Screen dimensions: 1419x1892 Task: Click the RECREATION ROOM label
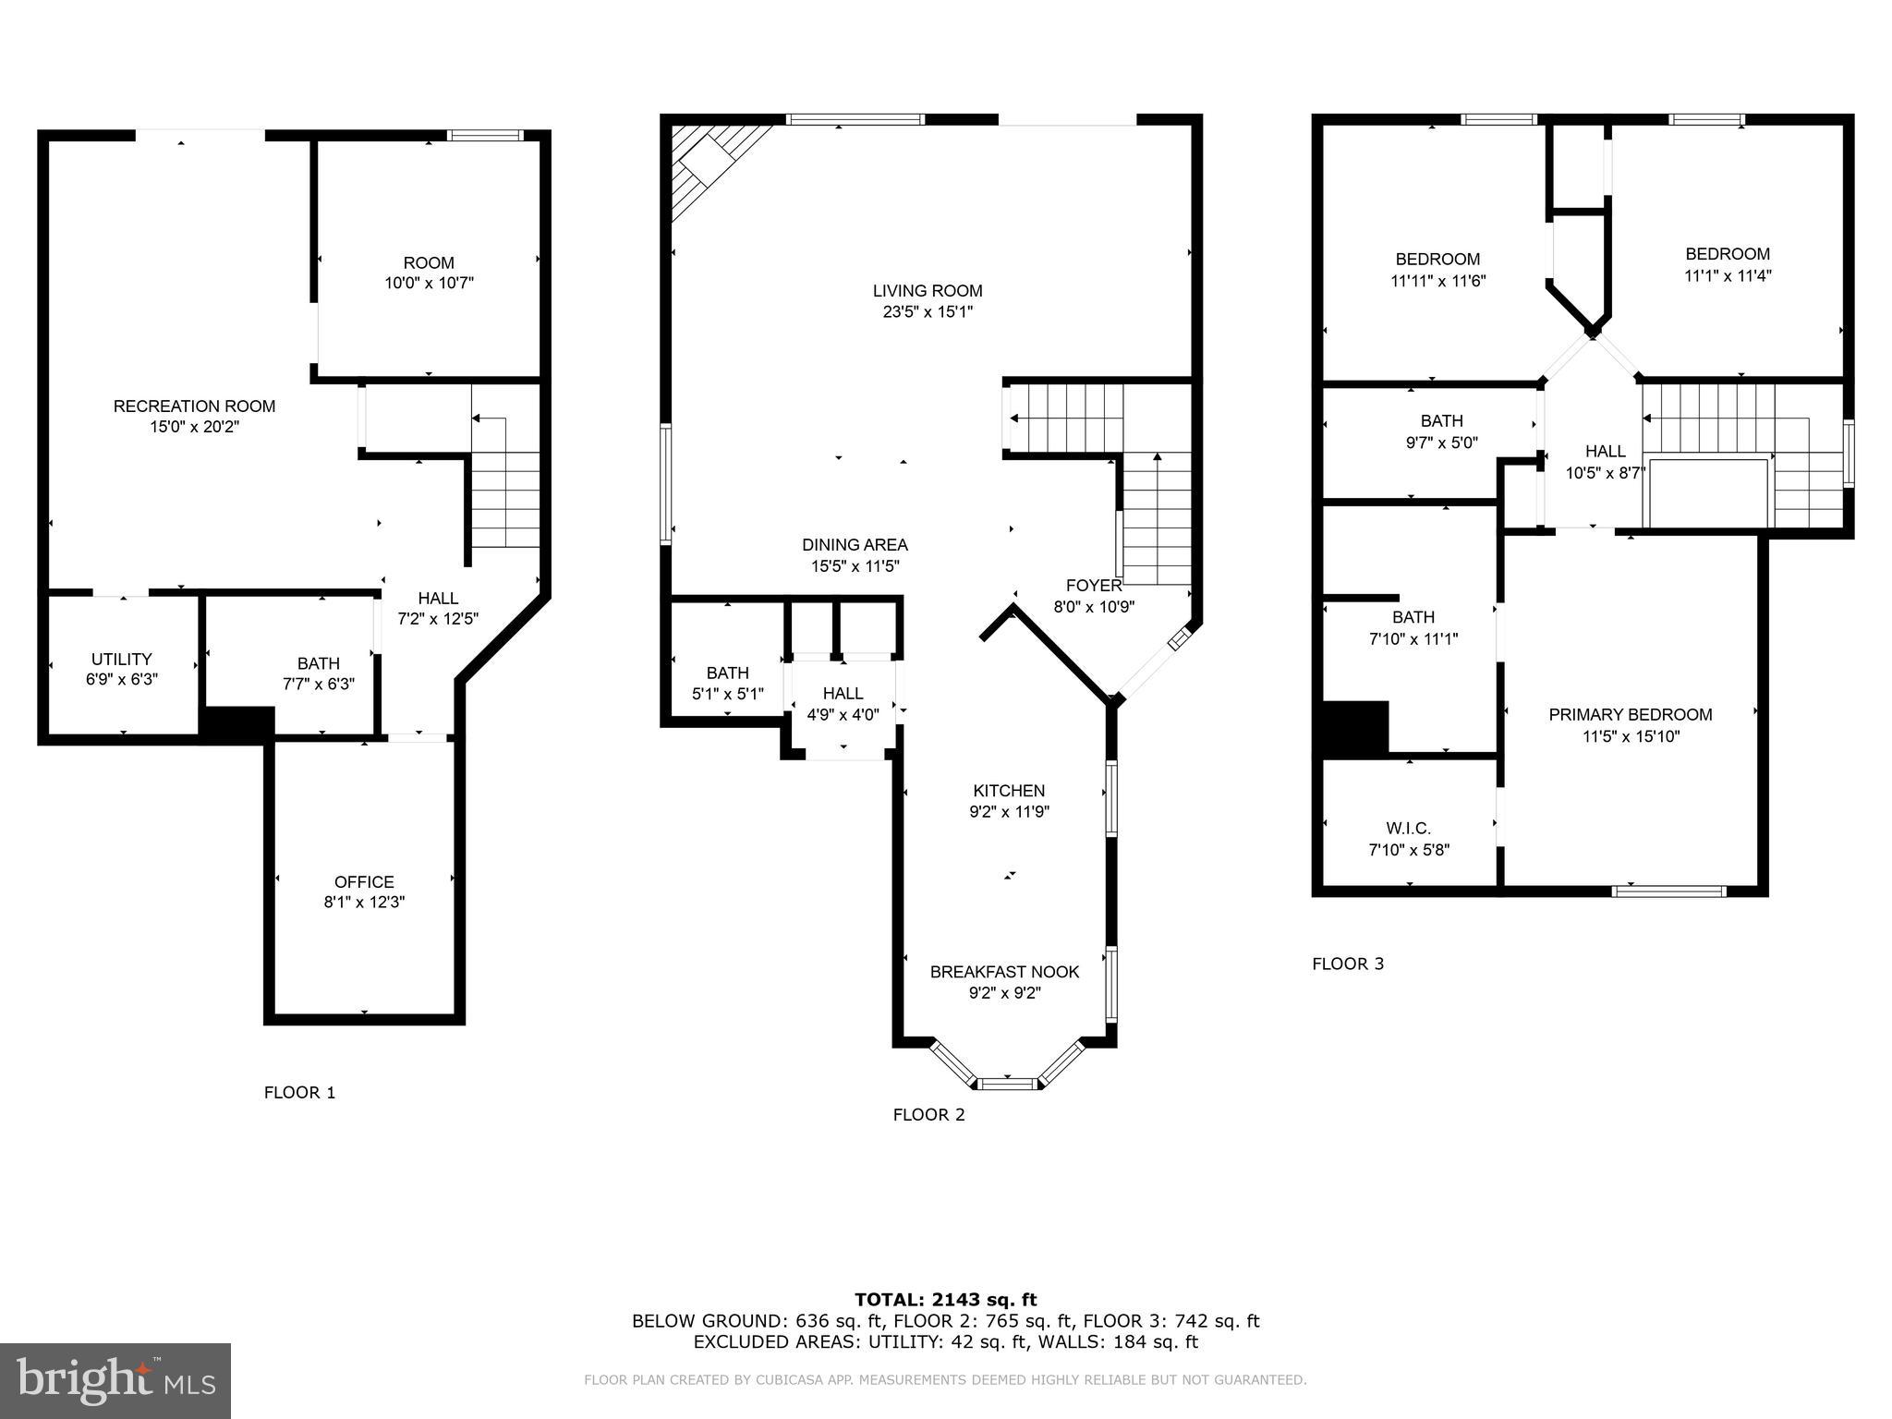pyautogui.click(x=194, y=406)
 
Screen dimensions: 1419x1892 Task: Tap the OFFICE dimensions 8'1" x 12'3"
pyautogui.click(x=364, y=903)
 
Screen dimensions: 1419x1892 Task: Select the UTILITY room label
pyautogui.click(x=121, y=659)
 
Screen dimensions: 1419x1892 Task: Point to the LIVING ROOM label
pyautogui.click(x=928, y=291)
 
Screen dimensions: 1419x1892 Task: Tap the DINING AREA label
pyautogui.click(x=855, y=545)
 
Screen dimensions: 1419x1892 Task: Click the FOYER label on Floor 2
pyautogui.click(x=1094, y=586)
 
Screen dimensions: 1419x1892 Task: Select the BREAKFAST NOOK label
pyautogui.click(x=1004, y=972)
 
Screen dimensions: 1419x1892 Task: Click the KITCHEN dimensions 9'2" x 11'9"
pyautogui.click(x=1009, y=812)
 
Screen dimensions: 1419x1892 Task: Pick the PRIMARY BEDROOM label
pyautogui.click(x=1630, y=714)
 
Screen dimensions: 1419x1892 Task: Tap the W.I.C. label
pyautogui.click(x=1408, y=829)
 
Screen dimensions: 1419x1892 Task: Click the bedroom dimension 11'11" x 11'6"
pyautogui.click(x=1437, y=281)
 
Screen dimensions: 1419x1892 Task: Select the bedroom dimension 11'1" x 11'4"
pyautogui.click(x=1727, y=275)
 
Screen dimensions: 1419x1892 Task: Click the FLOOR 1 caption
pyautogui.click(x=299, y=1093)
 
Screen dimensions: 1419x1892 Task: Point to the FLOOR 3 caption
pyautogui.click(x=1347, y=964)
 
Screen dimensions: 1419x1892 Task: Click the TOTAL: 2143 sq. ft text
pyautogui.click(x=945, y=1300)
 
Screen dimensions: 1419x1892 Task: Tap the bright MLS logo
pyautogui.click(x=115, y=1381)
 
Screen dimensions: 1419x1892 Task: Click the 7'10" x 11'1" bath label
pyautogui.click(x=1413, y=638)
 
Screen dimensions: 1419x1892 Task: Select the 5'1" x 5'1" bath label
pyautogui.click(x=727, y=694)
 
